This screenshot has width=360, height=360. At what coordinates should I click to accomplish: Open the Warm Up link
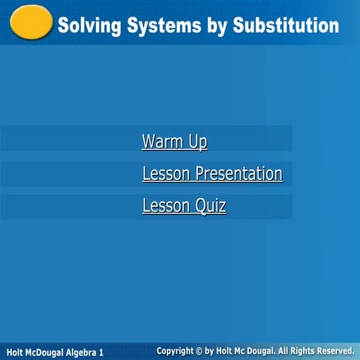tap(174, 142)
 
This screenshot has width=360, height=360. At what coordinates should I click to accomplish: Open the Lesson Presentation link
tap(212, 174)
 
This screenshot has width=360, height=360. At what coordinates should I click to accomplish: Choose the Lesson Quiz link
tap(184, 205)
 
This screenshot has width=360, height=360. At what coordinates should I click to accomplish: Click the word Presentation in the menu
tap(238, 174)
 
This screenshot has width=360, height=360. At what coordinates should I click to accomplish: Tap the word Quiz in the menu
tap(211, 205)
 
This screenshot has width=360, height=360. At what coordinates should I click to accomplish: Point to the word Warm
tap(157, 142)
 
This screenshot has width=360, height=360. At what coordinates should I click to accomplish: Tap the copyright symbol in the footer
tap(199, 350)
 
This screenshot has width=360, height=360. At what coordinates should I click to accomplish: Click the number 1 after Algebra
tap(101, 352)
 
